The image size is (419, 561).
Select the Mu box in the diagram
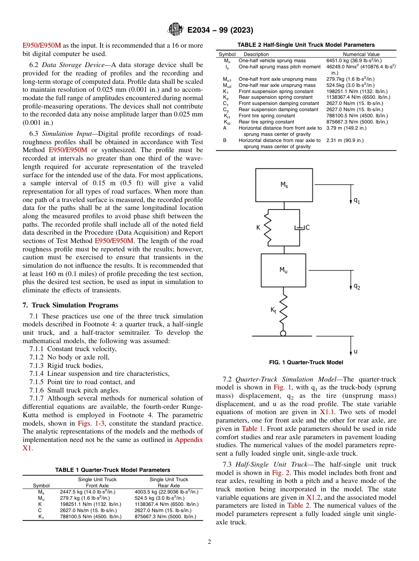click(x=283, y=270)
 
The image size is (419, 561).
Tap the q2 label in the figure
click(x=356, y=286)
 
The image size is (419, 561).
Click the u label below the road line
click(x=355, y=351)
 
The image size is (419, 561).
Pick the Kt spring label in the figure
click(x=273, y=310)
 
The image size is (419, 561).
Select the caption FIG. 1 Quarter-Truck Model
click(x=306, y=363)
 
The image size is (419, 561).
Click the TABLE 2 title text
click(x=306, y=45)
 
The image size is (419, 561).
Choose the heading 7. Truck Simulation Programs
click(x=71, y=305)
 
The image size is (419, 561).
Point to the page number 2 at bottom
click(x=209, y=542)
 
